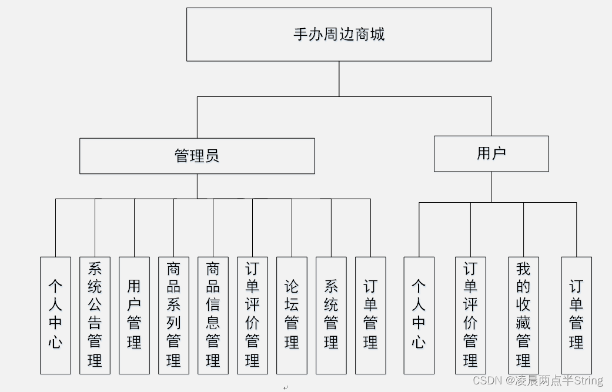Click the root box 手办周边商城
coord(339,34)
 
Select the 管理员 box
coord(197,156)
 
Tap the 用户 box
coord(491,153)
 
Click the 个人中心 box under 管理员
coord(55,315)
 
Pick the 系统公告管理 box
coord(95,315)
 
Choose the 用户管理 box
coord(134,315)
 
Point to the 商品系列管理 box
coord(173,315)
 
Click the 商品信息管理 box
coord(213,315)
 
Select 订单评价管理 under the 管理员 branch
coord(252,315)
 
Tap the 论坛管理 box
coord(292,315)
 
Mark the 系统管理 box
coord(331,315)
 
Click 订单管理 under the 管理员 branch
coord(370,315)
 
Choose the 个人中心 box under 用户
coord(419,315)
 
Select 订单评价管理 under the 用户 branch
coord(470,315)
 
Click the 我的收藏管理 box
coord(523,315)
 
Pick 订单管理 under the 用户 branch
coord(576,315)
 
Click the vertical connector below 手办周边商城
coord(339,79)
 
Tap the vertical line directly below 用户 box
coord(491,187)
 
